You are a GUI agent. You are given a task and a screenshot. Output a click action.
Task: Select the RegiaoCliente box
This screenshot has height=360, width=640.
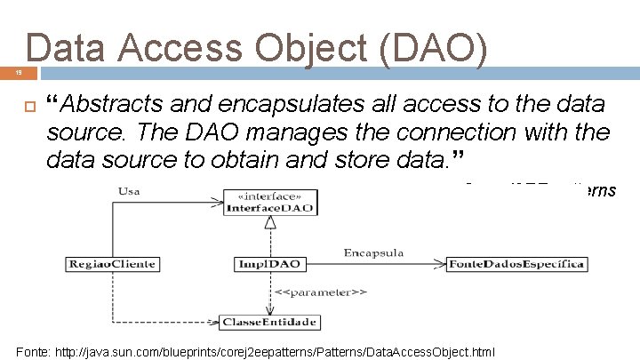tap(111, 263)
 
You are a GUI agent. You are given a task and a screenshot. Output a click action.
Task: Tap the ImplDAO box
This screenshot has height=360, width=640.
tap(270, 263)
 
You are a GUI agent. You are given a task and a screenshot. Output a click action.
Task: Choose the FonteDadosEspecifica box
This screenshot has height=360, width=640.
tap(516, 263)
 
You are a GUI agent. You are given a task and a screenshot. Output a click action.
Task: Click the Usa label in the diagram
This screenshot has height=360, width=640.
tap(129, 189)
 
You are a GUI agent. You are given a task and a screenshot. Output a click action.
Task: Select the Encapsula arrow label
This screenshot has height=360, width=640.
tap(373, 252)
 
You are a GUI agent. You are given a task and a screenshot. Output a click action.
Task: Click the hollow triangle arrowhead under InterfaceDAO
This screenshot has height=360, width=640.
tap(270, 222)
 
